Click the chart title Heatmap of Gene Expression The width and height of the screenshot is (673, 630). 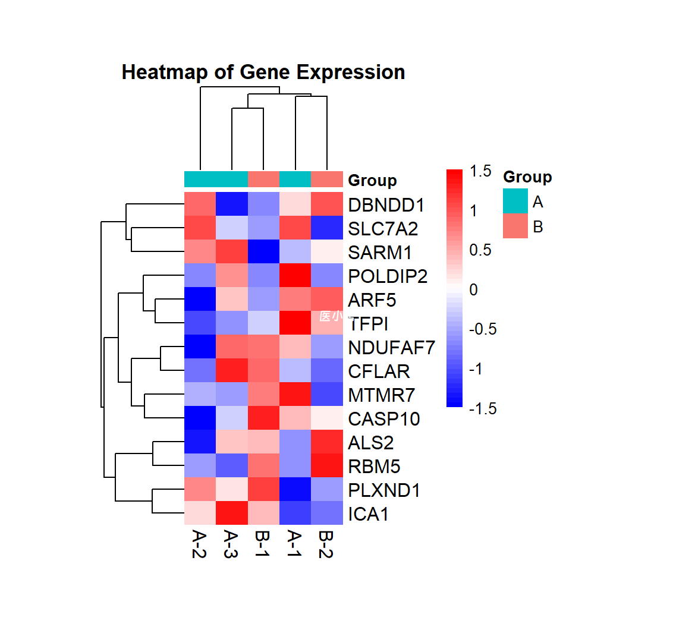point(263,73)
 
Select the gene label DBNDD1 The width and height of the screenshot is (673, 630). point(386,205)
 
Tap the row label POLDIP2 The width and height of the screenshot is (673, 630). point(388,276)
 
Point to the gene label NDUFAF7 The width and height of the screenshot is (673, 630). point(392,348)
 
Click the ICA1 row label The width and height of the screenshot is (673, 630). point(369,514)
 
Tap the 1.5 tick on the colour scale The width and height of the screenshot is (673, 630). point(480,171)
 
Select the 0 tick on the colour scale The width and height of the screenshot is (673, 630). point(474,290)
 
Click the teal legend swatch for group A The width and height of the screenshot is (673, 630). point(515,201)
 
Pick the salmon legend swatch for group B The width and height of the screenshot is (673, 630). point(515,226)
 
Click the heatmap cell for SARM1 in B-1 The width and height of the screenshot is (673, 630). point(263,252)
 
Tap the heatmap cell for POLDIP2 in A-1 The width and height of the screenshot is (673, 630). point(295,276)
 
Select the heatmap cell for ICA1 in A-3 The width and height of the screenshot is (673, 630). point(231,514)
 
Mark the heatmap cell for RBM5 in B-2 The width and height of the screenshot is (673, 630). point(327,466)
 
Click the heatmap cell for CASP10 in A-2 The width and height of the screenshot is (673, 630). point(200,418)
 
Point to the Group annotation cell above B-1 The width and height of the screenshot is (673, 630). point(263,179)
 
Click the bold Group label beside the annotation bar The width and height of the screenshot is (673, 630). point(372,181)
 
